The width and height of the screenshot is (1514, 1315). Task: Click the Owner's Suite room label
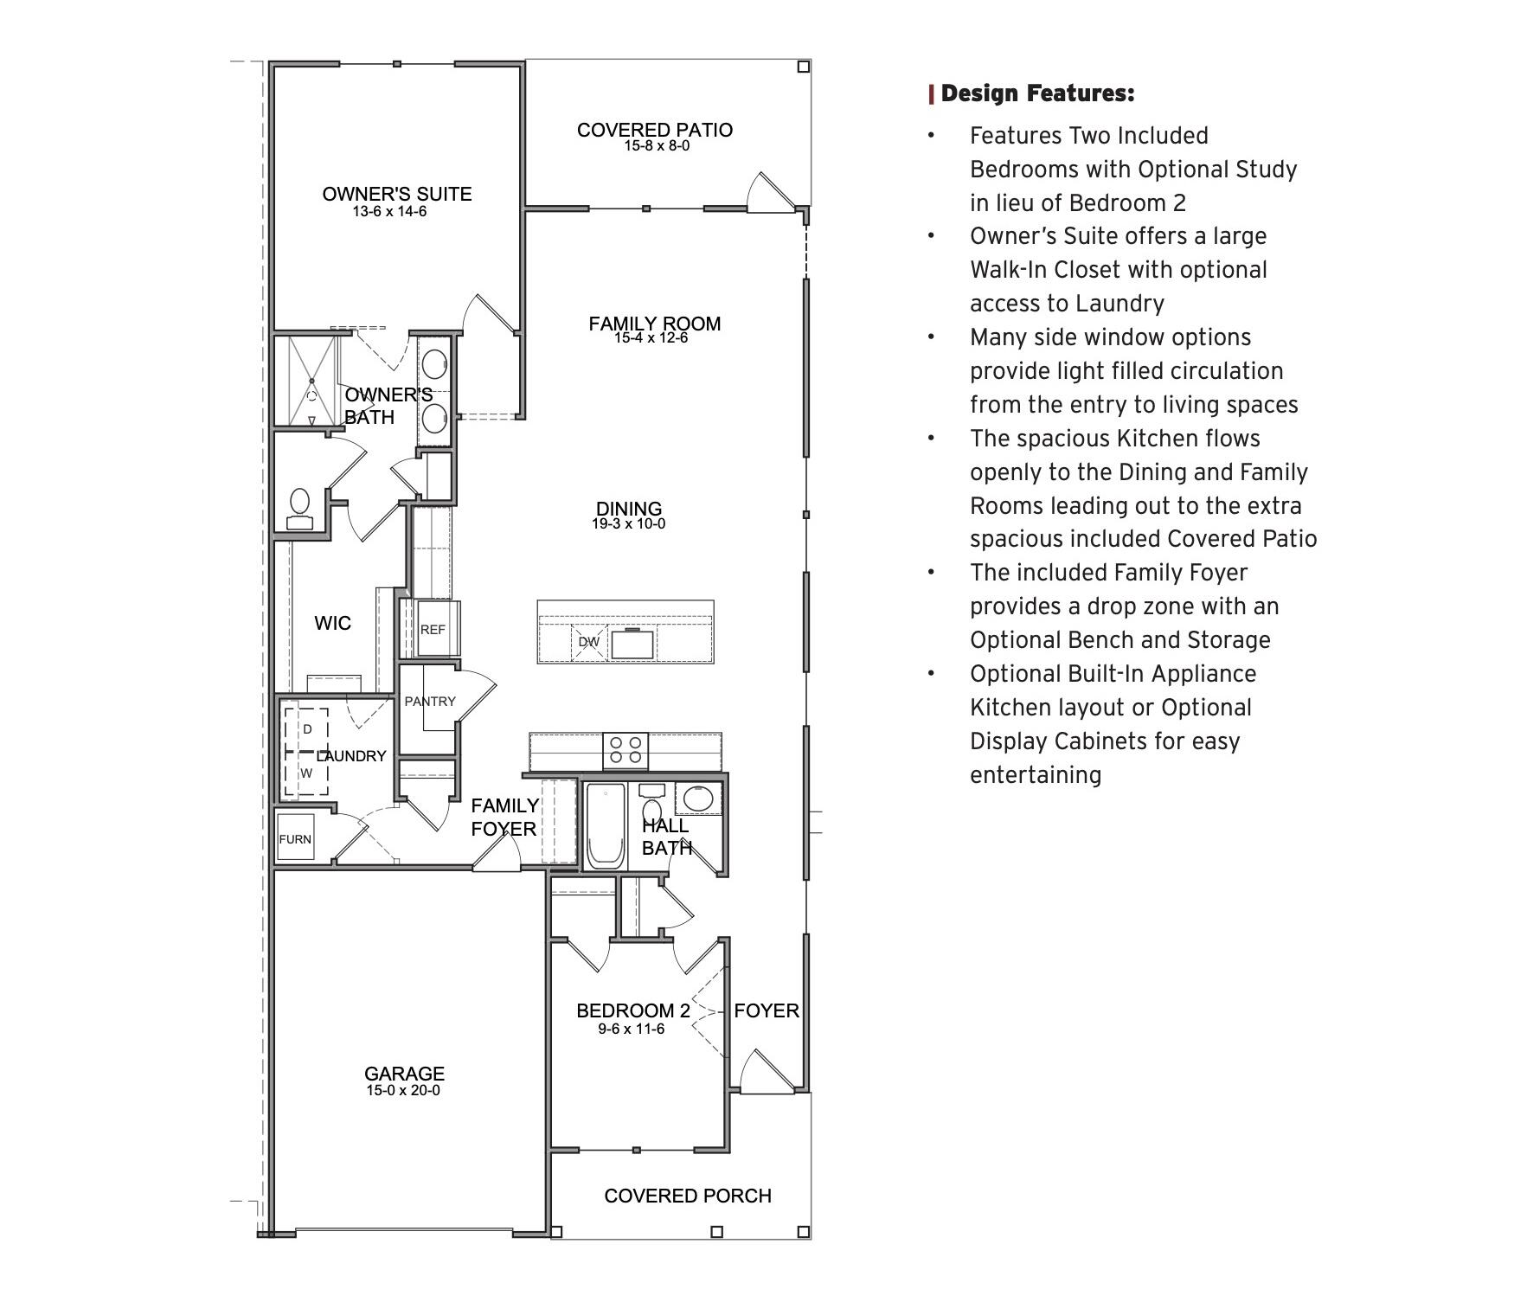pos(397,194)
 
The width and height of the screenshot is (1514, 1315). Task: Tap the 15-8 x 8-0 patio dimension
pos(657,146)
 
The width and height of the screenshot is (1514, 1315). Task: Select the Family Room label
pos(654,324)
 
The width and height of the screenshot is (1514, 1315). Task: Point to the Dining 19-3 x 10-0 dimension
pos(628,523)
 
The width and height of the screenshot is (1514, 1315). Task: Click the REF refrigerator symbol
pos(433,629)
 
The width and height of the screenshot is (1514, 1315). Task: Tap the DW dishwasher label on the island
pos(588,642)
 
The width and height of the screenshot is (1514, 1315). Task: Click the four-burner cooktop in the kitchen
pos(625,750)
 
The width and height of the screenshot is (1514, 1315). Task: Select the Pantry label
pos(429,701)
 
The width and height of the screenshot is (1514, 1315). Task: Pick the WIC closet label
pos(332,623)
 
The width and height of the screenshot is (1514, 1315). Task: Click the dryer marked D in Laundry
pos(306,729)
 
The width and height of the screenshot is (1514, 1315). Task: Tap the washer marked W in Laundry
pos(306,773)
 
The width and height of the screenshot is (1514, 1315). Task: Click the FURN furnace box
pos(295,838)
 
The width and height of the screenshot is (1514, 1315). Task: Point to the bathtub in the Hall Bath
pos(606,826)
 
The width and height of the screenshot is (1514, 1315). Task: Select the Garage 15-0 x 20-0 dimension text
pos(402,1090)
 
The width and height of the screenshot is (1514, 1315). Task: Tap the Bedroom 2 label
pos(633,1010)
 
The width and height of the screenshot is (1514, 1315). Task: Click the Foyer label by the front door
pos(767,1010)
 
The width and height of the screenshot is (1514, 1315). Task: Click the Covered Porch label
pos(687,1196)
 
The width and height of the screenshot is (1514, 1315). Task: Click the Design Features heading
pos(1036,93)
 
